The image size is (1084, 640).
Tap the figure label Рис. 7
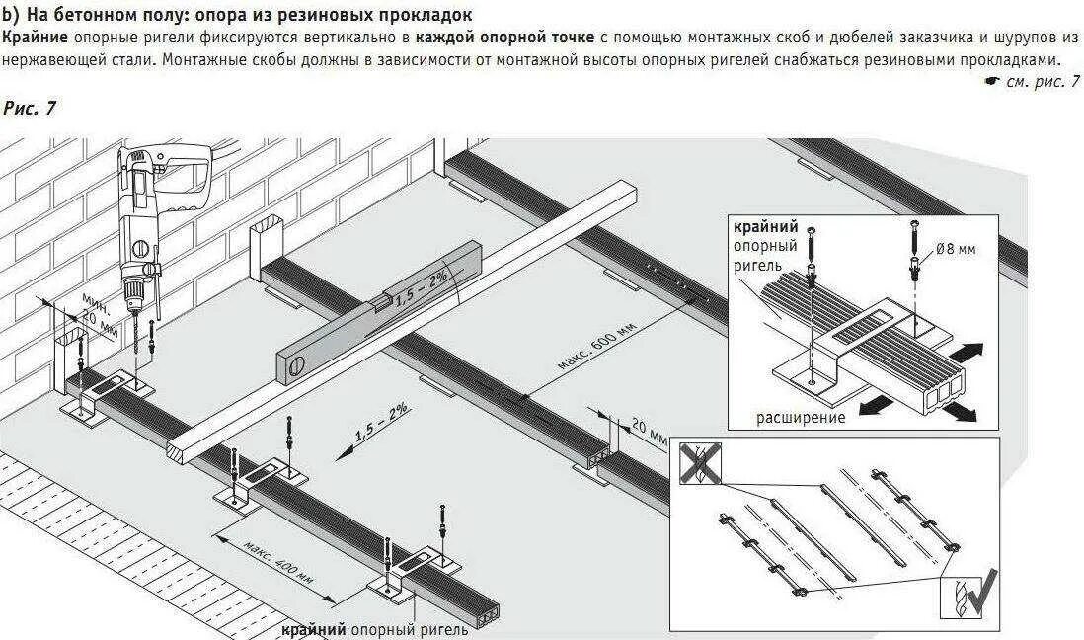point(31,108)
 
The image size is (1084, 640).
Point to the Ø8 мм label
point(956,249)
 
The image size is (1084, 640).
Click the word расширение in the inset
point(801,417)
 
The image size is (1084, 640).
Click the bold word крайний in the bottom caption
point(313,629)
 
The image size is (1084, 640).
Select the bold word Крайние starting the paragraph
point(35,38)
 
